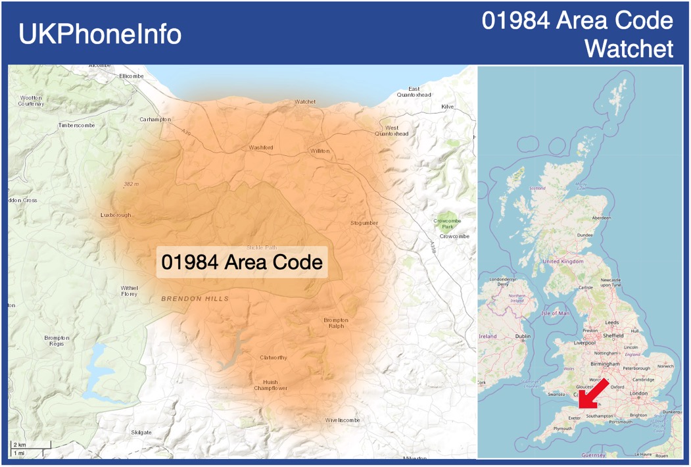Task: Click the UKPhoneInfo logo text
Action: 100,34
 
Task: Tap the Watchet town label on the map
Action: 305,102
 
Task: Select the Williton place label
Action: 320,151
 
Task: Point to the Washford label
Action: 261,147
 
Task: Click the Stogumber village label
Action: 364,223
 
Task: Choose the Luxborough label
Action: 116,215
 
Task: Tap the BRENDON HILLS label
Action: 195,299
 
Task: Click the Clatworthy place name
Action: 274,358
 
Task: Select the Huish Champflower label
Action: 271,385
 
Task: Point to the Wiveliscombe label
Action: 343,420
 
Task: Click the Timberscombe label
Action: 76,125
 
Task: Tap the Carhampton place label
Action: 155,120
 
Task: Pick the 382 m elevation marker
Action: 131,184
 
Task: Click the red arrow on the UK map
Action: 593,394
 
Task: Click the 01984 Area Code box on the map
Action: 242,262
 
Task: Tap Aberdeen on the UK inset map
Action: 601,218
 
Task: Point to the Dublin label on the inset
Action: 523,336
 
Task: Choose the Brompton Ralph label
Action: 336,323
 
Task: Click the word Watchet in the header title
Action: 629,48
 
